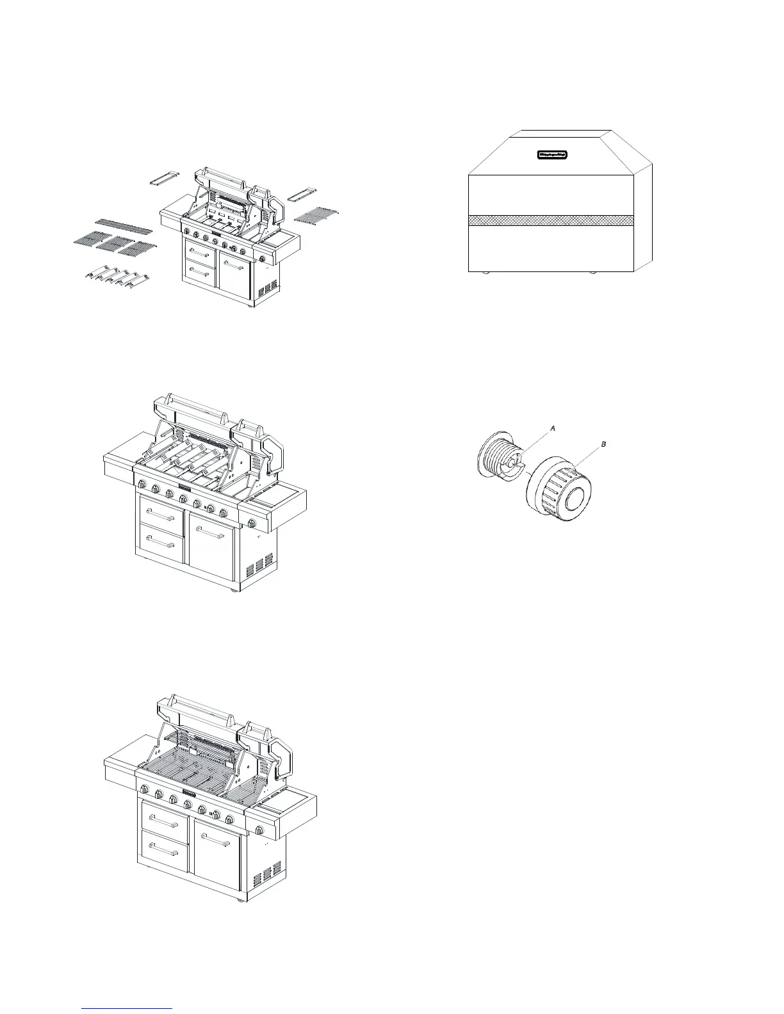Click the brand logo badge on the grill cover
coord(552,154)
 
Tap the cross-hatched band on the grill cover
coord(551,220)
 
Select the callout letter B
coord(601,444)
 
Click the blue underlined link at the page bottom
coord(127,1009)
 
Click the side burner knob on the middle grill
coord(252,524)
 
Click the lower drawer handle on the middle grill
coord(161,545)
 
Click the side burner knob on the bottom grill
coord(260,831)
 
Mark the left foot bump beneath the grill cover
coord(486,272)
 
